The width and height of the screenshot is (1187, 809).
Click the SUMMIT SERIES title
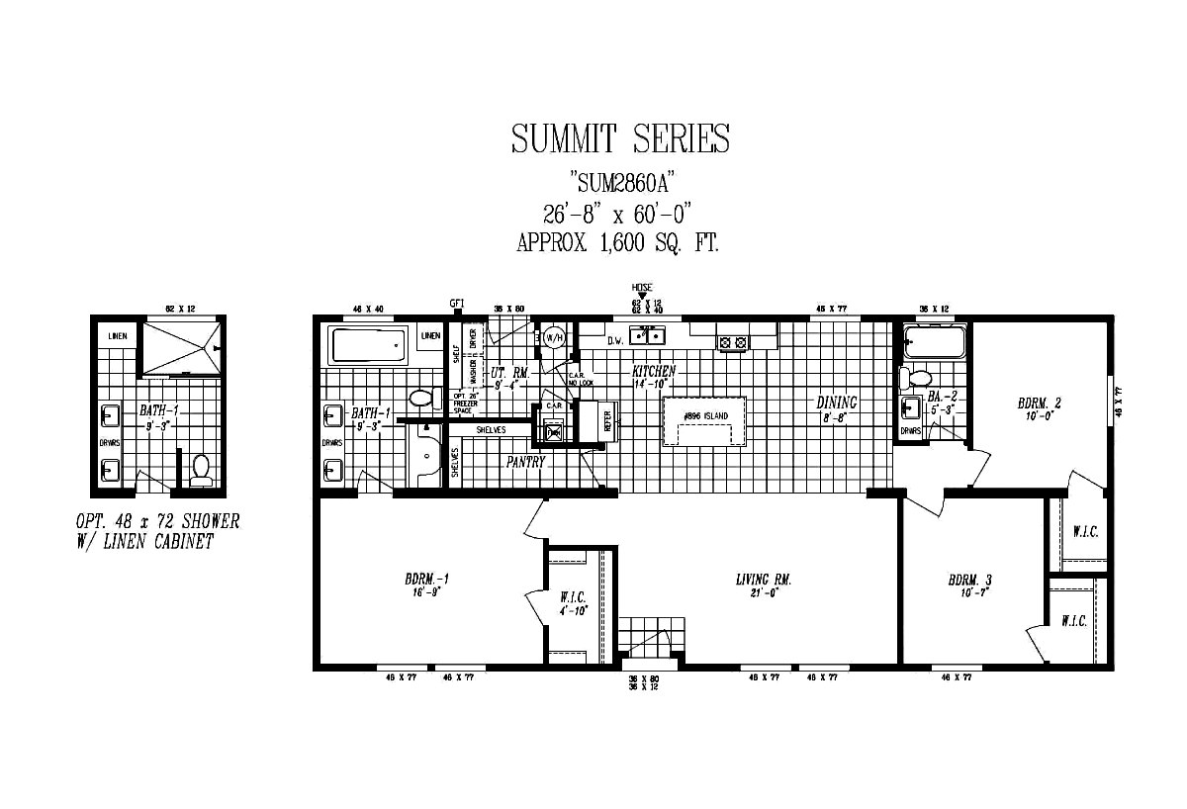[x=620, y=138]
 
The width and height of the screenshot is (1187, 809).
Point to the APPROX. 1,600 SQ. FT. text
[x=617, y=243]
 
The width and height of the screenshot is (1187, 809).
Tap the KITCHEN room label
[x=654, y=372]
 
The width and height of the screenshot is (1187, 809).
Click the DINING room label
[x=836, y=403]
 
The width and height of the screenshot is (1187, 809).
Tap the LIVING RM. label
[x=763, y=580]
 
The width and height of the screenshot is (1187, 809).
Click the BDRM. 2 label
[x=1039, y=403]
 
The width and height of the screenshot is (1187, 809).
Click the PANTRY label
[x=526, y=461]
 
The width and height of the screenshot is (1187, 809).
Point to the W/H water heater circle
[x=554, y=337]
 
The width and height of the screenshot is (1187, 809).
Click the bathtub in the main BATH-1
[x=367, y=347]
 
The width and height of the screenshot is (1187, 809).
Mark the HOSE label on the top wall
[x=642, y=287]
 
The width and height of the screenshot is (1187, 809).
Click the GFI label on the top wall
[x=456, y=303]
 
